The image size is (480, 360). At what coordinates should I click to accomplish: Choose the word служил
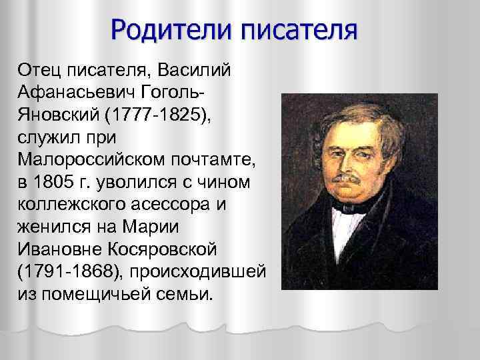pos(54,137)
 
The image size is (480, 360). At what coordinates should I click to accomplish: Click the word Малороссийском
pos(86,159)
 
